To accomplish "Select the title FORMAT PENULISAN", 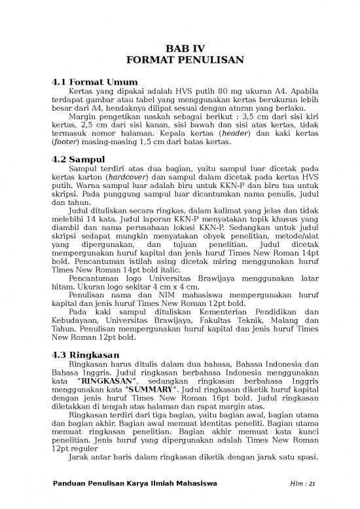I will coord(179,60).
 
